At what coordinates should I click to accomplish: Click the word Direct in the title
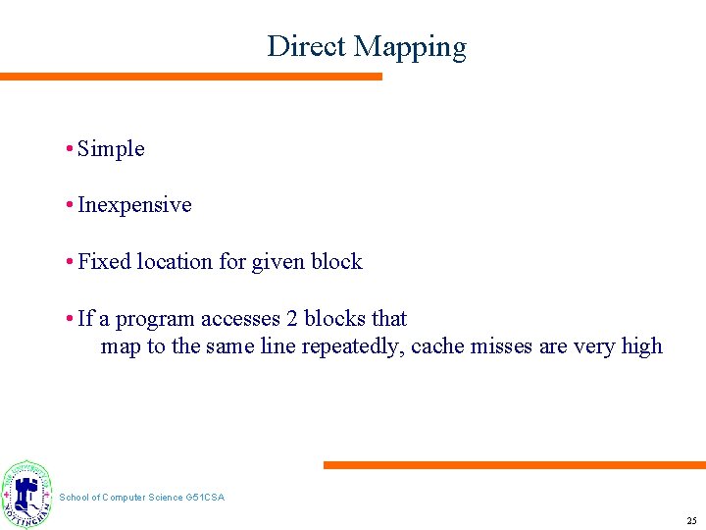coord(307,46)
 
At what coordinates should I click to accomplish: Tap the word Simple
coord(111,149)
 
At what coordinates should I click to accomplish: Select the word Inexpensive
coord(134,205)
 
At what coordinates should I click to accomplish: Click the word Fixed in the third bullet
coord(104,262)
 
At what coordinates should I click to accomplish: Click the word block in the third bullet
coord(336,262)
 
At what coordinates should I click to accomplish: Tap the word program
coord(156,319)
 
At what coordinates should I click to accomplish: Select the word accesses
coord(239,319)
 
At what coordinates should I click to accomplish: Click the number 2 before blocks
coord(291,319)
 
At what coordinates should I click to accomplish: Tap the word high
coord(641,346)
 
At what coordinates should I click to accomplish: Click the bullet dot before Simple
coord(70,149)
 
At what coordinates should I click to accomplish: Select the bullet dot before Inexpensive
coord(70,205)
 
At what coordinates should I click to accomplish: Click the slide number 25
coord(691,520)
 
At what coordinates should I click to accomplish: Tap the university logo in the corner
coord(27,495)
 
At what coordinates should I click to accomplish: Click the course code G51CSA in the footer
coord(205,498)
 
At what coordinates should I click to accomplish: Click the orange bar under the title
coord(191,77)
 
